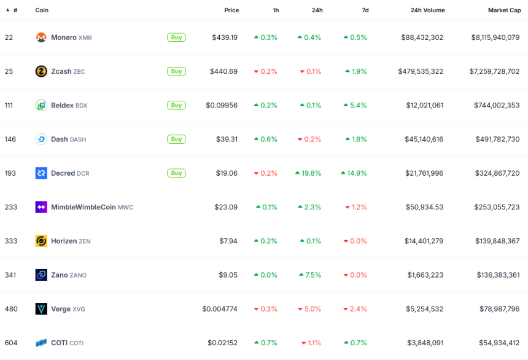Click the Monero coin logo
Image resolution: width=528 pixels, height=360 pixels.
pyautogui.click(x=41, y=37)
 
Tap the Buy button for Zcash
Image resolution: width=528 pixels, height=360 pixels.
pyautogui.click(x=176, y=71)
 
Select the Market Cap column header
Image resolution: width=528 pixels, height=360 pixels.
pyautogui.click(x=504, y=10)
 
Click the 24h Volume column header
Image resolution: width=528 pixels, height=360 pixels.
pyautogui.click(x=427, y=10)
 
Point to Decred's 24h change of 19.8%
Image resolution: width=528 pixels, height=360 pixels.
pyautogui.click(x=308, y=173)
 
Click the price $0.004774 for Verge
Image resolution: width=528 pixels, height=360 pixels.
pyautogui.click(x=220, y=309)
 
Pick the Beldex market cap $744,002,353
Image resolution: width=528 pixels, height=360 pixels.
pyautogui.click(x=497, y=106)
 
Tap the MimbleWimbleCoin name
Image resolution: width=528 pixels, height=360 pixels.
pyautogui.click(x=83, y=207)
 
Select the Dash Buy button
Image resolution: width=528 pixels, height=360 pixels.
pyautogui.click(x=176, y=139)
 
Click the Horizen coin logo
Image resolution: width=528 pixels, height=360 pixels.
pyautogui.click(x=41, y=241)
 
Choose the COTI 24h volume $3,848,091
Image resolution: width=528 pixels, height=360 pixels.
pyautogui.click(x=425, y=343)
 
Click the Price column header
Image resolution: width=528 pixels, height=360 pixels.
pyautogui.click(x=231, y=10)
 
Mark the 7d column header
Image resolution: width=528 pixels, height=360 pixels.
pyautogui.click(x=365, y=10)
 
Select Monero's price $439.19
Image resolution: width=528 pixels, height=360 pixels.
pyautogui.click(x=225, y=37)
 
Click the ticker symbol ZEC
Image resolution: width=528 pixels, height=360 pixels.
pyautogui.click(x=79, y=72)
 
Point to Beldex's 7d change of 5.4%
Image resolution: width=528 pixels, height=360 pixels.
pyautogui.click(x=355, y=106)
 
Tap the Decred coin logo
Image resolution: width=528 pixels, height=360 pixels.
pyautogui.click(x=41, y=173)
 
